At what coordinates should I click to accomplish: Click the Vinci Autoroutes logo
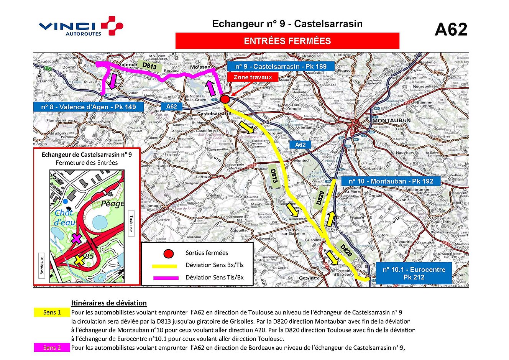[x=81, y=26]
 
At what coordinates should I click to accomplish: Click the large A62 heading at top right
[x=451, y=30]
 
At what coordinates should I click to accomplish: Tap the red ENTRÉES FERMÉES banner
[x=287, y=41]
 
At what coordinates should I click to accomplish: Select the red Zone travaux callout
[x=253, y=77]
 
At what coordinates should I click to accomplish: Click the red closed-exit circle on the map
[x=225, y=100]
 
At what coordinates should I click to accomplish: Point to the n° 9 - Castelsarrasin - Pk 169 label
[x=281, y=66]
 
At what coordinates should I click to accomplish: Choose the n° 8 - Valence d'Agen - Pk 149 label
[x=89, y=107]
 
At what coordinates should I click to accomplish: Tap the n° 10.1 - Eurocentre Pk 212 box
[x=414, y=273]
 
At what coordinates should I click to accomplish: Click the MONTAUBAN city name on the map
[x=391, y=120]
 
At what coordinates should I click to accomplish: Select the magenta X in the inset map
[x=77, y=239]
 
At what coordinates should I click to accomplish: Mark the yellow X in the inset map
[x=79, y=260]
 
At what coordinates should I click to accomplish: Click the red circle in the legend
[x=168, y=253]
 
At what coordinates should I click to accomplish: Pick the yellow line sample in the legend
[x=165, y=266]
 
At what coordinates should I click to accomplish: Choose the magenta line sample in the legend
[x=165, y=278]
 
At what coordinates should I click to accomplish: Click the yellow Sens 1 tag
[x=52, y=312]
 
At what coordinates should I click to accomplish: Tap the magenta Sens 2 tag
[x=52, y=348]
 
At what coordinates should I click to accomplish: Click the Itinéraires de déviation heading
[x=109, y=303]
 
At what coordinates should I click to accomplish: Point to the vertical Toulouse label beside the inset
[x=131, y=224]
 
